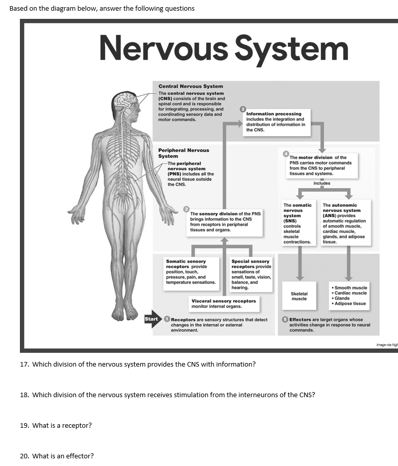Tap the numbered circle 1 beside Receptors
(x=166, y=319)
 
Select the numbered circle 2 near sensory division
(x=187, y=210)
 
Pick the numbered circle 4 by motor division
(x=286, y=153)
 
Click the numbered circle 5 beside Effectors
(x=285, y=320)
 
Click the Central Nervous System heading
(x=190, y=87)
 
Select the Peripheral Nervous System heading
(x=183, y=153)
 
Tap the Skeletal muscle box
(x=299, y=296)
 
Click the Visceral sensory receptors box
(x=223, y=303)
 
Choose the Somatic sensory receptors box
(x=191, y=271)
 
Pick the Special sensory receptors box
(x=251, y=274)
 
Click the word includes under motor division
(x=321, y=183)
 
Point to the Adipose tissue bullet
(x=349, y=304)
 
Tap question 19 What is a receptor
(x=56, y=425)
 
